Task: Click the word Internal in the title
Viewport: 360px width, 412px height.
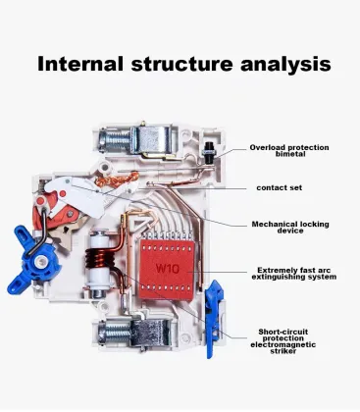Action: point(80,64)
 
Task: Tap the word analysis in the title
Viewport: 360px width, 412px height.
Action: point(285,65)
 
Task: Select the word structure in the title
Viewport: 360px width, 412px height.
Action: point(181,65)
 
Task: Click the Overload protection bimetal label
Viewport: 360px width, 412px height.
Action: point(289,150)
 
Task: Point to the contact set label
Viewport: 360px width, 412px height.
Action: point(280,187)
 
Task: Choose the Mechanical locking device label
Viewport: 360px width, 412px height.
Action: point(290,228)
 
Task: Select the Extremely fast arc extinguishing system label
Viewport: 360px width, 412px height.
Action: point(294,274)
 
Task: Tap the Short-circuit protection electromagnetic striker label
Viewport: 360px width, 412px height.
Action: point(283,341)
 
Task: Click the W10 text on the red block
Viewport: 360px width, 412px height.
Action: point(167,269)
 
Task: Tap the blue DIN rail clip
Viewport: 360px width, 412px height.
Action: point(214,319)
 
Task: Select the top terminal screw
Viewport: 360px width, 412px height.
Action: point(115,140)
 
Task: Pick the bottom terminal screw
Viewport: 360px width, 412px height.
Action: point(115,333)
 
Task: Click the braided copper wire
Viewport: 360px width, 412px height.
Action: point(116,180)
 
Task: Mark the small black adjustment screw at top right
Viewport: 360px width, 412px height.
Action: point(208,150)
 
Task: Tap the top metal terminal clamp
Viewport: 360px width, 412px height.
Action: point(151,141)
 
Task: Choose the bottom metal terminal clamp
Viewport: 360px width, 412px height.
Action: point(150,333)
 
